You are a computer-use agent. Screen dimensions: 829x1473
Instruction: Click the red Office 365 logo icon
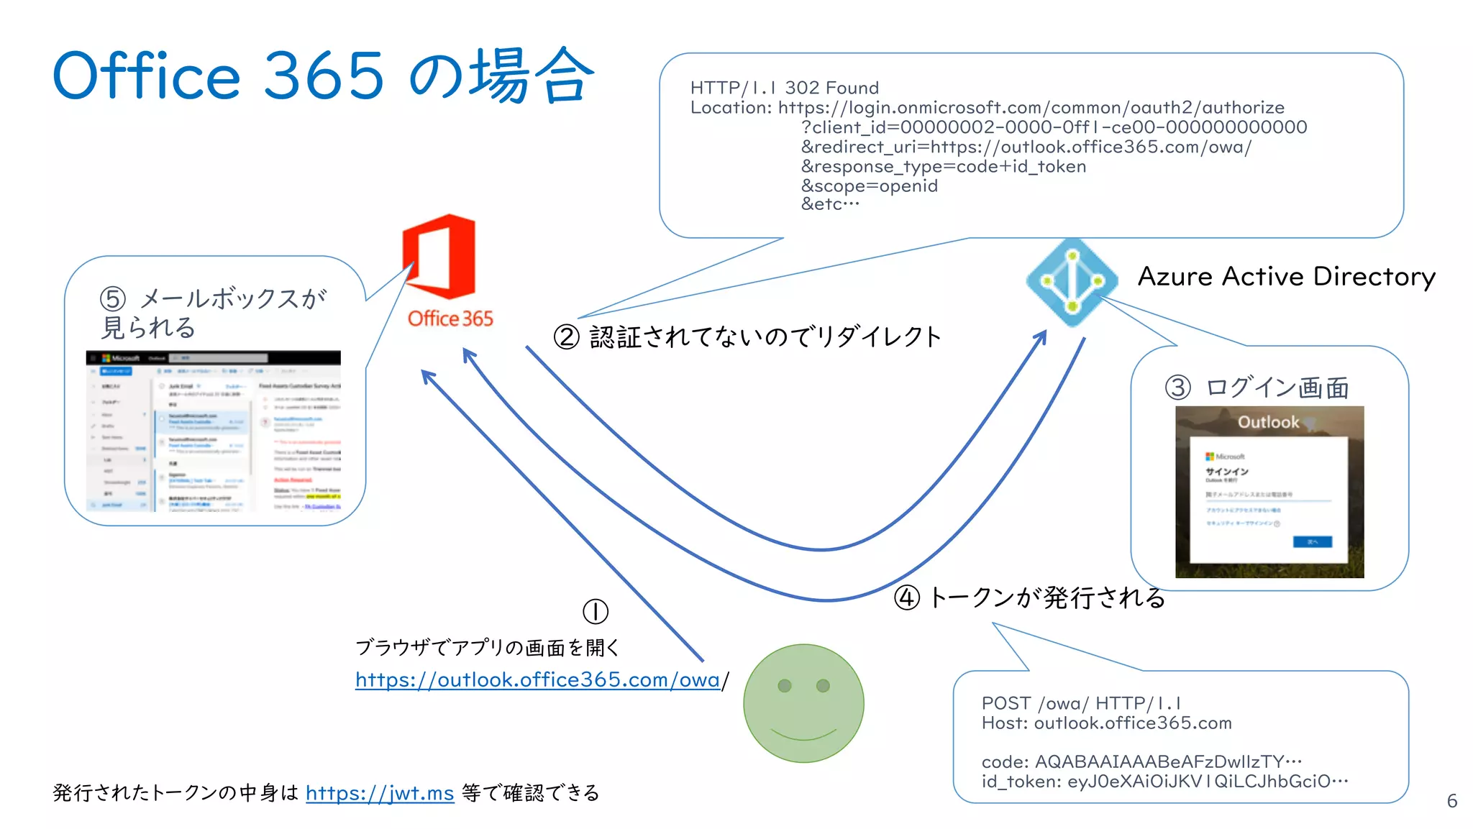[439, 257]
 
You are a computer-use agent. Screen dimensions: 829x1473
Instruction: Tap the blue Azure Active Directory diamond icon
[1072, 282]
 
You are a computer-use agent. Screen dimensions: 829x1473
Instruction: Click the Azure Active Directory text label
[1286, 277]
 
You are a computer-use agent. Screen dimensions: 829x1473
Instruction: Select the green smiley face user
[803, 703]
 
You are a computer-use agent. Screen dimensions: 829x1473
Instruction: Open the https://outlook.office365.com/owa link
[537, 679]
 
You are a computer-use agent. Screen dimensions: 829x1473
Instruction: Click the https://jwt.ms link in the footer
[380, 793]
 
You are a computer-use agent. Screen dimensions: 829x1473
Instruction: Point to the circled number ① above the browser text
[595, 612]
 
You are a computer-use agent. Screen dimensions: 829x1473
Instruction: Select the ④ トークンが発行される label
[1029, 597]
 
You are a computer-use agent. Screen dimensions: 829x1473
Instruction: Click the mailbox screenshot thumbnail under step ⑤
[213, 431]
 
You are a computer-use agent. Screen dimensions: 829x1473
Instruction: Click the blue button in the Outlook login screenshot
[1312, 541]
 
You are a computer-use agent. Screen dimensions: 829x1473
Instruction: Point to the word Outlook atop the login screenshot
[1268, 422]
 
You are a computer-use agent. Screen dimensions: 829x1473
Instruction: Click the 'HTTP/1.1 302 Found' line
[784, 88]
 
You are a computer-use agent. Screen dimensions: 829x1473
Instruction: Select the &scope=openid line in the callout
[869, 186]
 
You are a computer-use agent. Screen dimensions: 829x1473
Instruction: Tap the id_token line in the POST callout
[1164, 782]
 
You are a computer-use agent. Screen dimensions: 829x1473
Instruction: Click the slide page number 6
[1451, 801]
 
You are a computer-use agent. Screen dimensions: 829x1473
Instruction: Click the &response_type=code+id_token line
[943, 167]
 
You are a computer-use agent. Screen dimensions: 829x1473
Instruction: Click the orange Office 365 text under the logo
[450, 319]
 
